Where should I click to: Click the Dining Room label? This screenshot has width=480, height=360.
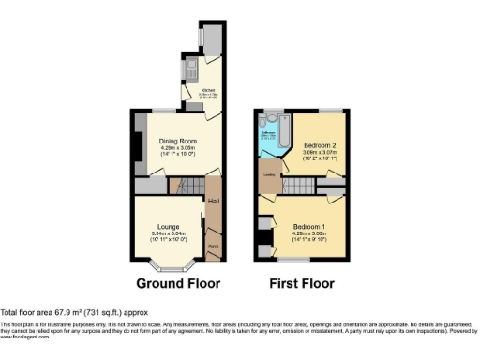(176, 141)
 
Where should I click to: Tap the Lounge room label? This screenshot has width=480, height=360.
(170, 226)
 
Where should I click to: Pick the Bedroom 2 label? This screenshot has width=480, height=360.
(322, 146)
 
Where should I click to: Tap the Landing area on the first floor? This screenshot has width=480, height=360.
(268, 173)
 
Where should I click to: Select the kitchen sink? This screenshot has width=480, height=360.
(189, 67)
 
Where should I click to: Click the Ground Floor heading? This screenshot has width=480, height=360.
(178, 283)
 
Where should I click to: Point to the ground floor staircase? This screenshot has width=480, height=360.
(188, 187)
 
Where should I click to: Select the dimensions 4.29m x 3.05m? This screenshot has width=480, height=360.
(176, 148)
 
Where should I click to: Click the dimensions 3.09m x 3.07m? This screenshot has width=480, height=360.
(322, 154)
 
